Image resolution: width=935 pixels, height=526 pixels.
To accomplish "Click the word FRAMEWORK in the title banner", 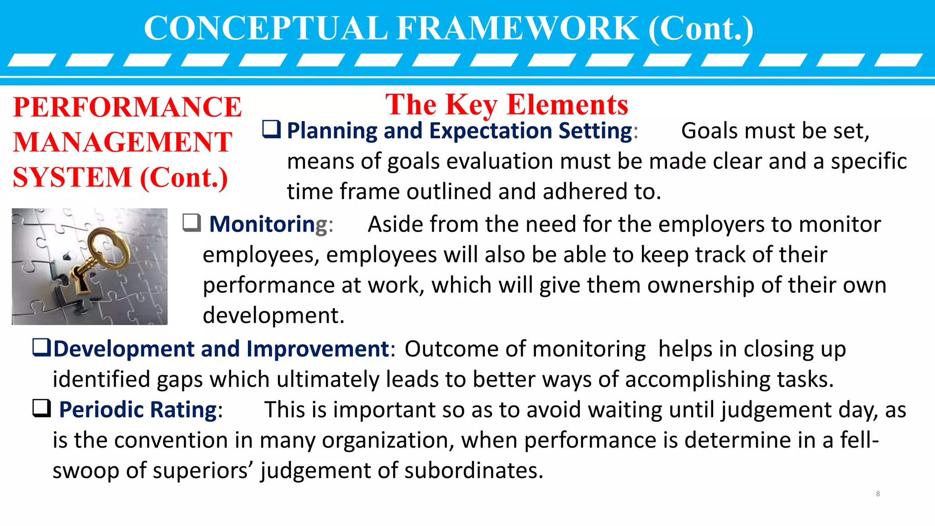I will click(x=517, y=29).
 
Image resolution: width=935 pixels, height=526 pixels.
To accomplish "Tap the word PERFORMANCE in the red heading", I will click(x=127, y=107).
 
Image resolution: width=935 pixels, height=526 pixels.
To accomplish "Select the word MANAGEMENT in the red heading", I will click(x=122, y=142).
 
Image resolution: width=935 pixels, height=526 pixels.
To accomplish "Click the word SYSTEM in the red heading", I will click(x=72, y=177).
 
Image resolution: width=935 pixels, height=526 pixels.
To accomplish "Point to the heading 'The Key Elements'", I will click(x=506, y=105).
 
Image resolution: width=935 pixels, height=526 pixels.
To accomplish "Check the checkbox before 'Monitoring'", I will click(x=191, y=223).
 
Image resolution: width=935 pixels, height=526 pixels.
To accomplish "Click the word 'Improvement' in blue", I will click(x=318, y=349).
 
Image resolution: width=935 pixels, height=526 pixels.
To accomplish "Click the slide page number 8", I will click(x=877, y=494).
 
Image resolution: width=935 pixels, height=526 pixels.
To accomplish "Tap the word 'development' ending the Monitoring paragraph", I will click(x=273, y=315).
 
